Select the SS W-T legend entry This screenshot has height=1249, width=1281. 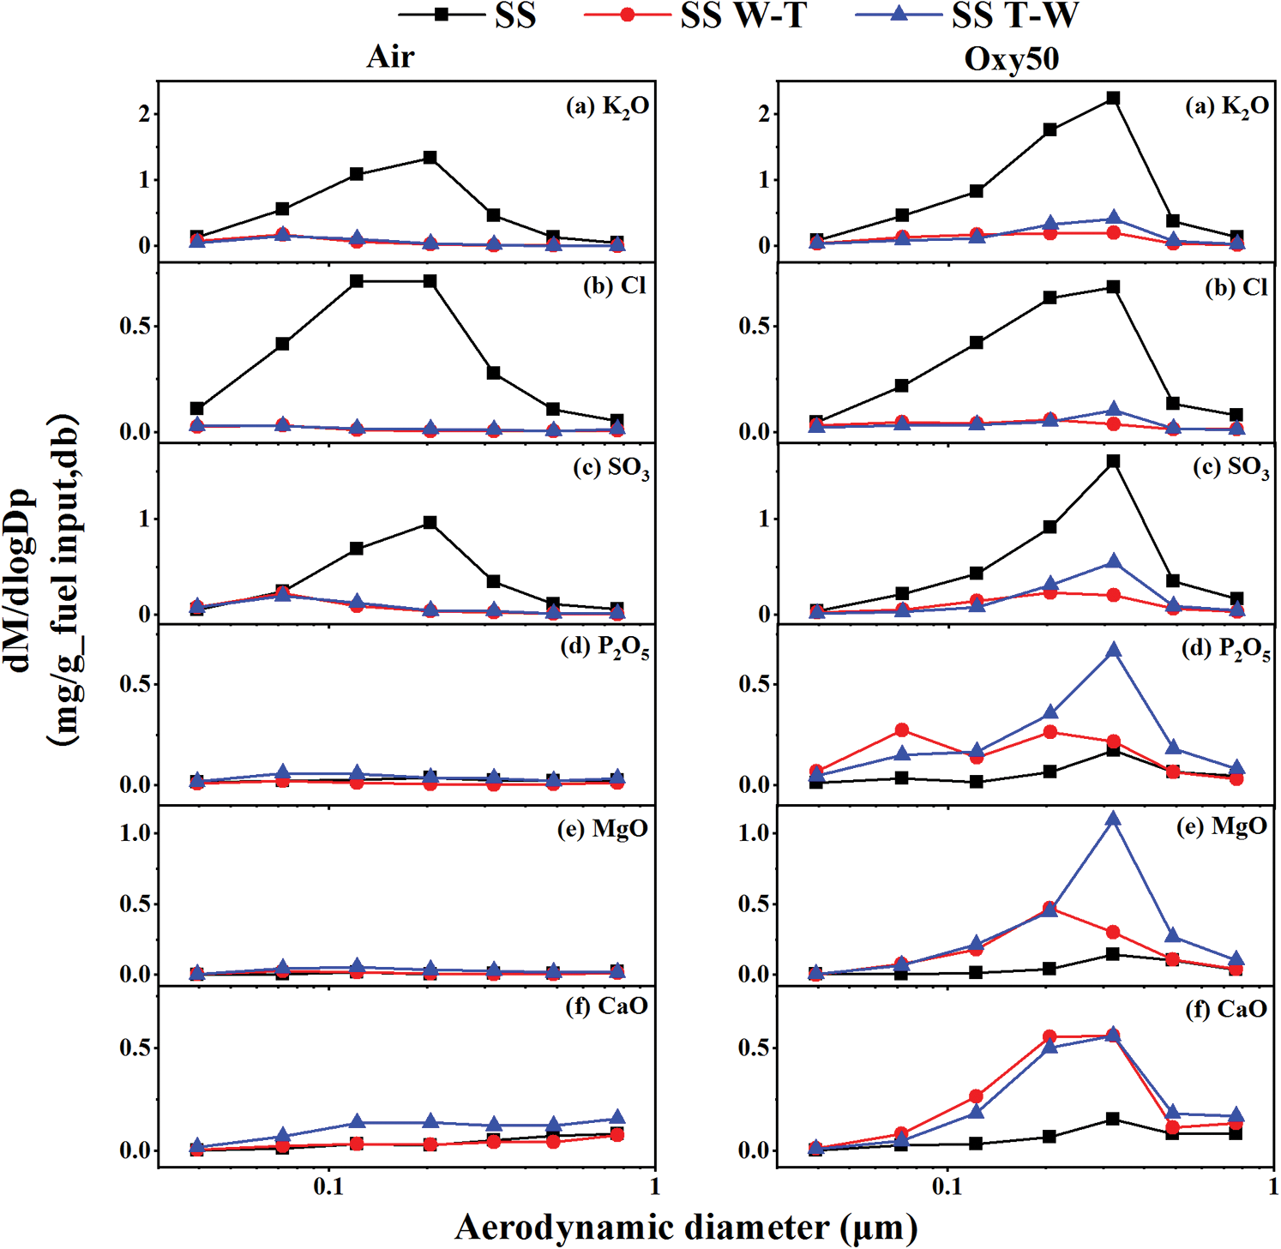pyautogui.click(x=695, y=15)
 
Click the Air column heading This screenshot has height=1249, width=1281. pyautogui.click(x=390, y=57)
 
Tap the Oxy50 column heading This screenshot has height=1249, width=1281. pyautogui.click(x=1011, y=58)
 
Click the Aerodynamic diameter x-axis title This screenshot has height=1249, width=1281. pyautogui.click(x=686, y=1227)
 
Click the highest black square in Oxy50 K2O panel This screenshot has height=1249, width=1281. pyautogui.click(x=1113, y=99)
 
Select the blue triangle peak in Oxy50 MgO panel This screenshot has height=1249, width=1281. pyautogui.click(x=1113, y=820)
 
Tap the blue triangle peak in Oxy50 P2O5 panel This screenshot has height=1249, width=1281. pyautogui.click(x=1113, y=651)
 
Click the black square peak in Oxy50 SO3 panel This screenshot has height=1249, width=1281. pyautogui.click(x=1113, y=461)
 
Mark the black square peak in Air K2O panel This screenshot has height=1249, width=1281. pyautogui.click(x=430, y=158)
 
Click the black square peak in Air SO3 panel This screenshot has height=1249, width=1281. pyautogui.click(x=430, y=522)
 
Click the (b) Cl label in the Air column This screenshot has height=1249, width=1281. pyautogui.click(x=615, y=285)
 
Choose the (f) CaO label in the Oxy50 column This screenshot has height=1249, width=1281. pyautogui.click(x=1226, y=1008)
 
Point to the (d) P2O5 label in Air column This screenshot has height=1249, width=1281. pyautogui.click(x=604, y=648)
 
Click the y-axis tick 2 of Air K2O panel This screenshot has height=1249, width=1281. pyautogui.click(x=144, y=114)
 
